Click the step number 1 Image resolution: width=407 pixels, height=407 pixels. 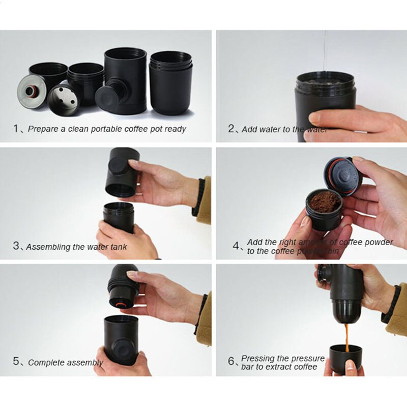[x=16, y=129]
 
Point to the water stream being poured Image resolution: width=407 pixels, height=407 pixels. [x=325, y=51]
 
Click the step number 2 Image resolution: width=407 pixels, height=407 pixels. [x=231, y=129]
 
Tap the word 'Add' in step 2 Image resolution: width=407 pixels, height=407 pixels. [x=249, y=129]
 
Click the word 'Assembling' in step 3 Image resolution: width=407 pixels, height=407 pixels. [x=48, y=247]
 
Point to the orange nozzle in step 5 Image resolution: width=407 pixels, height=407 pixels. [x=122, y=304]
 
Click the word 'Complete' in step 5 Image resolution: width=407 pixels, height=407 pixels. [x=46, y=363]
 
